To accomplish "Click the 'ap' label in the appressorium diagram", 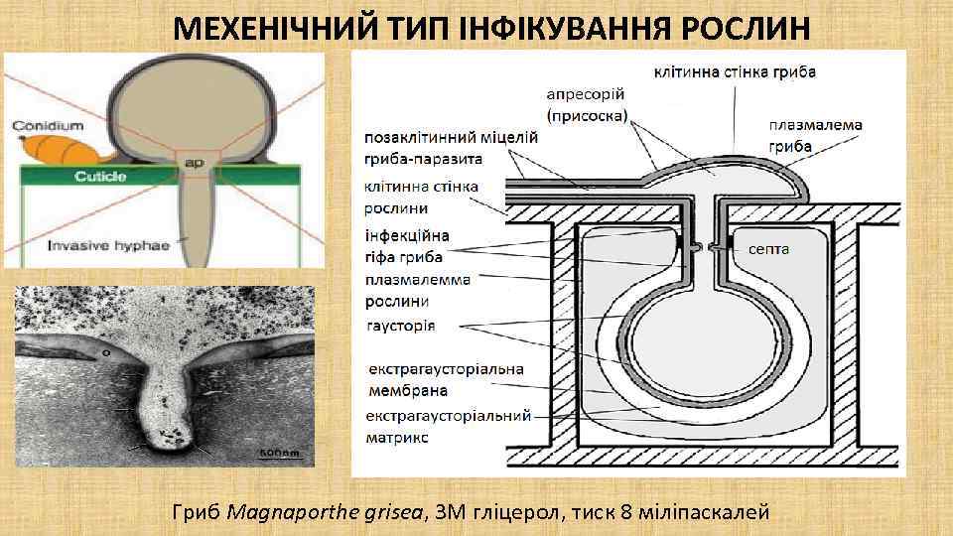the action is point(195,162).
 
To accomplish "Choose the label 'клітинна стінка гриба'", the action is point(735,71).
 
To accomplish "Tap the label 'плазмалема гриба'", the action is point(815,136).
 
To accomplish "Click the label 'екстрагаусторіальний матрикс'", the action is point(448,426).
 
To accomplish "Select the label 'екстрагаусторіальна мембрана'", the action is point(444,380).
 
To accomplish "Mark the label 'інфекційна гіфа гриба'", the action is point(407,244).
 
